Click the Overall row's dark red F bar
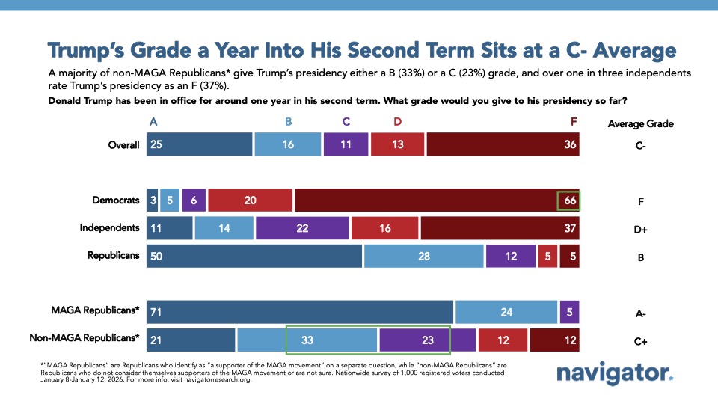click(x=503, y=144)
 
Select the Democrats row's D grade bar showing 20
click(x=251, y=201)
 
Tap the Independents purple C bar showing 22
click(x=302, y=228)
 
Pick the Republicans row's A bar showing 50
click(x=254, y=256)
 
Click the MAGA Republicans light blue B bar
click(x=506, y=312)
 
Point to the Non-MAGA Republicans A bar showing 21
click(x=191, y=340)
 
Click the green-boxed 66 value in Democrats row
click(x=568, y=201)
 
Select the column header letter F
click(x=573, y=123)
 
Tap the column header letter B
click(x=287, y=123)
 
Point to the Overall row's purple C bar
click(x=346, y=144)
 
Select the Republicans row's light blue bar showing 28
click(x=423, y=256)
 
